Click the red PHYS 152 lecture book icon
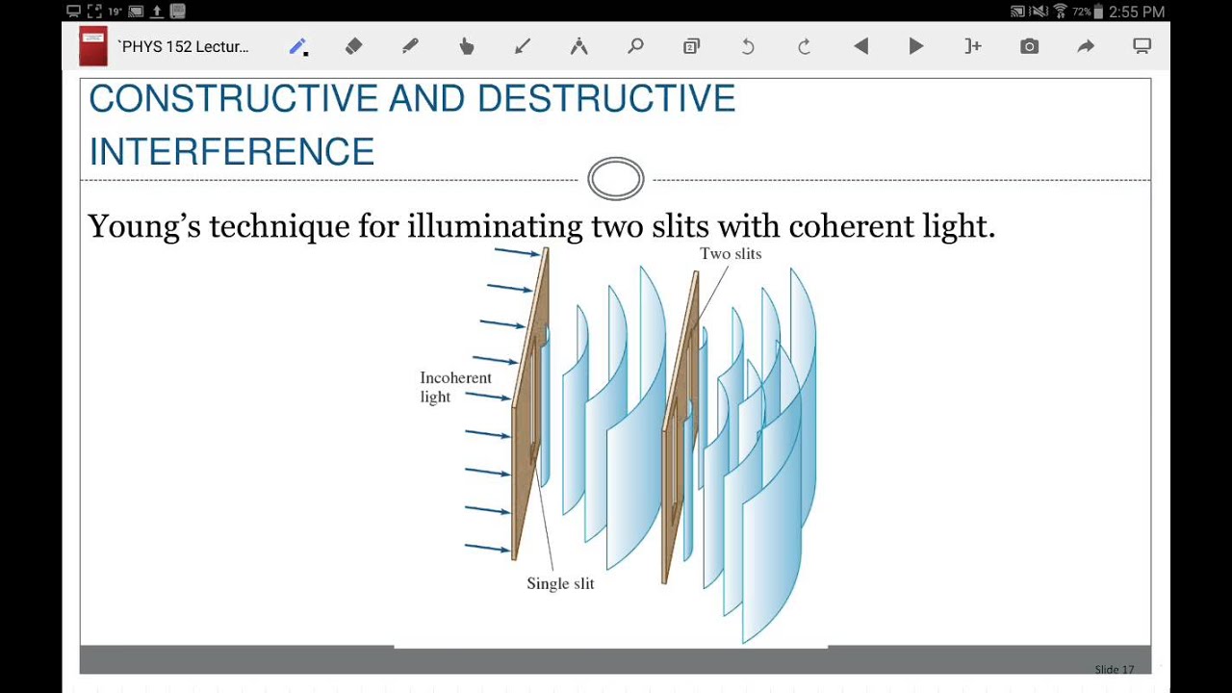(93, 47)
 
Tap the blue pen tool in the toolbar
(297, 47)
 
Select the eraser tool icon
(353, 46)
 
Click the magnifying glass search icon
(635, 46)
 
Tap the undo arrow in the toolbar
(748, 46)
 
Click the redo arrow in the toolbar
(804, 46)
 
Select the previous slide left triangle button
(860, 46)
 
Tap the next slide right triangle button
(916, 46)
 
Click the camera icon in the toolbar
(1029, 46)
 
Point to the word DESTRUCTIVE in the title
(605, 99)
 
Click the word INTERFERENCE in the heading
(231, 152)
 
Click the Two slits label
(731, 254)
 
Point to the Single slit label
(560, 583)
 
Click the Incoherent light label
(454, 387)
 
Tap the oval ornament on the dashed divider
(616, 179)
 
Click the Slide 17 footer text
(1114, 669)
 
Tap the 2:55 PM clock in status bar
(1137, 12)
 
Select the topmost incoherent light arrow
(517, 253)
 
